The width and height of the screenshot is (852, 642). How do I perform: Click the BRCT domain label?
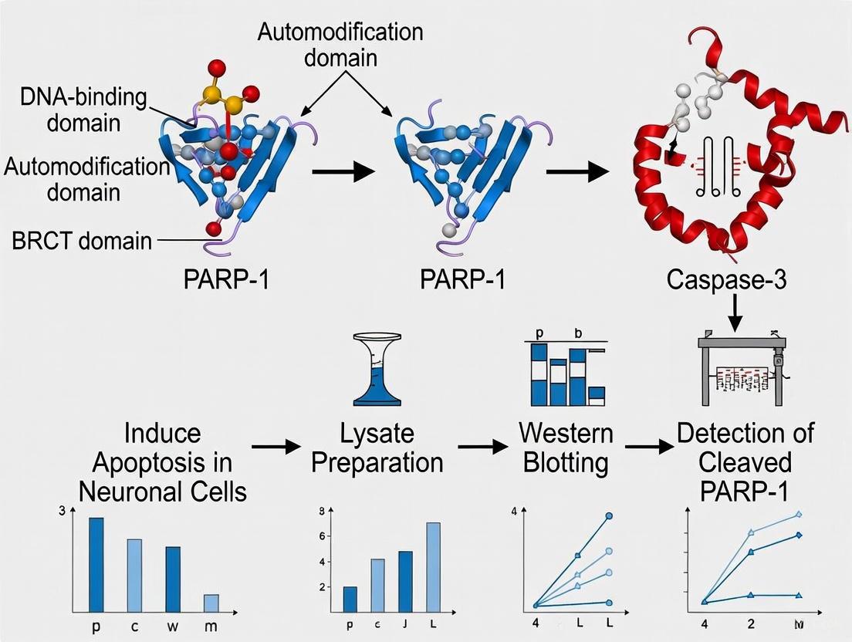82,241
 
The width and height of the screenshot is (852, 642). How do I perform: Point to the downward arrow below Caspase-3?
735,312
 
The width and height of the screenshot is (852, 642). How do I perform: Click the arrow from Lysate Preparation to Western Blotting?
485,446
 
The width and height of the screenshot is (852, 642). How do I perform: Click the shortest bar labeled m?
211,602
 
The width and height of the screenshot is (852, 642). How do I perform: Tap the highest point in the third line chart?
610,515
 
